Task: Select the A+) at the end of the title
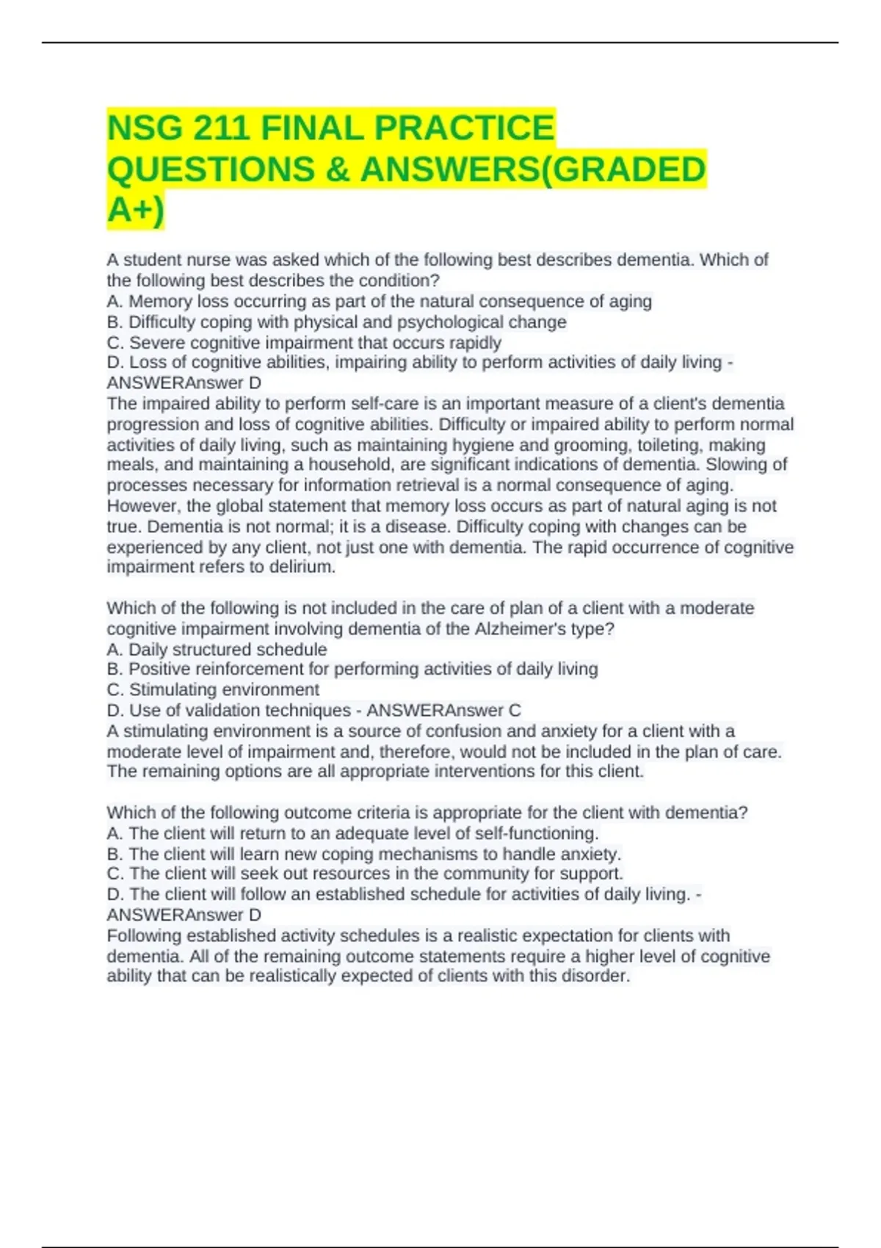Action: pos(136,211)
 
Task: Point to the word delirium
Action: pos(302,567)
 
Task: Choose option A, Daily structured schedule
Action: pos(217,650)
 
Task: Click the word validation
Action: pos(217,711)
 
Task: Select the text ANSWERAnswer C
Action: pos(443,711)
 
